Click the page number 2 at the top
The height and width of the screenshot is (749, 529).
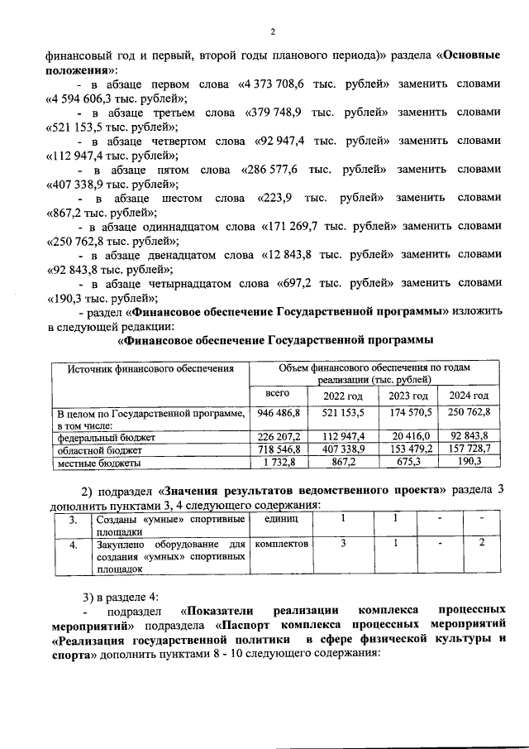(x=271, y=32)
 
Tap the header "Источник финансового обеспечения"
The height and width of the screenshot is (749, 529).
(x=150, y=369)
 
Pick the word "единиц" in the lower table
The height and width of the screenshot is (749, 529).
(x=276, y=518)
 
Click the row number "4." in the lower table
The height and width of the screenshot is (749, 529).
(x=74, y=545)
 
